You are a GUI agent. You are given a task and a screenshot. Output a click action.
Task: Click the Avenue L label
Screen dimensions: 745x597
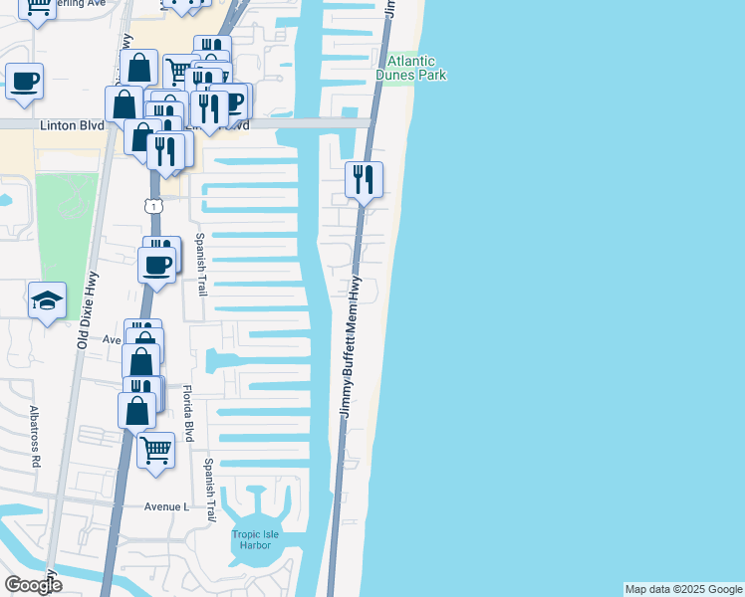[166, 506]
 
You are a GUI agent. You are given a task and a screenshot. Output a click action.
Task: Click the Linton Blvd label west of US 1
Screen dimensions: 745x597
[72, 126]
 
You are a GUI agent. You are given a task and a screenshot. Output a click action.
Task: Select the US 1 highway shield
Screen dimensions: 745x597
[152, 205]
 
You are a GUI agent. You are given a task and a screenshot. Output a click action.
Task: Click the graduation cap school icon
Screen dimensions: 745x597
[46, 302]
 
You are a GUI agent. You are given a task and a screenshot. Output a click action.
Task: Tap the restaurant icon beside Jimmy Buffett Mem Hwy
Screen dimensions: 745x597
[364, 180]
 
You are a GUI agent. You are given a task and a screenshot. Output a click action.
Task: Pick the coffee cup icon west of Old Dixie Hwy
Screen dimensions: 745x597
[25, 81]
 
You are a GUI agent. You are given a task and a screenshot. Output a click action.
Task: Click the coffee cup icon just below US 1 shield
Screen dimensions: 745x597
[157, 266]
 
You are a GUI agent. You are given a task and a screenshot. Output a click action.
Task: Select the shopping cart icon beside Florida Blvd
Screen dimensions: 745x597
[156, 450]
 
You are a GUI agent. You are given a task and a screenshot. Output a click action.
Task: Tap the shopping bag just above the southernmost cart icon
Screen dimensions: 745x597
[136, 409]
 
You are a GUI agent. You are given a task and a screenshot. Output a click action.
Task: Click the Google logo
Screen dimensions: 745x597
[33, 585]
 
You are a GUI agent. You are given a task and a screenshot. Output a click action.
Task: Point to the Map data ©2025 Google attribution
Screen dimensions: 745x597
[683, 589]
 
